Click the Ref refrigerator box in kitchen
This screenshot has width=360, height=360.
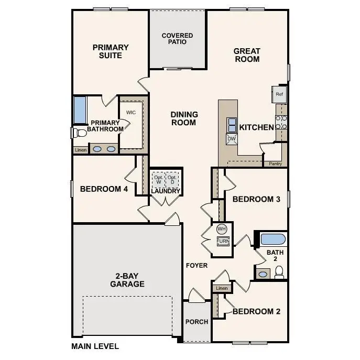click(x=279, y=94)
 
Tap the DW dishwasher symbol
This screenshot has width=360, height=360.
click(x=232, y=139)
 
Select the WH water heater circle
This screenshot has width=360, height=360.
click(x=222, y=229)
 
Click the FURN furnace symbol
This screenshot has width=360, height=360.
click(x=223, y=241)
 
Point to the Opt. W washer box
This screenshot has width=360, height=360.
click(x=158, y=179)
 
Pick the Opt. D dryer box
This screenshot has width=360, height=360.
click(x=173, y=179)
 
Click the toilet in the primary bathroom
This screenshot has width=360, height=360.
click(x=78, y=133)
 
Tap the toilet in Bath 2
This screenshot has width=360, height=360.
click(x=279, y=272)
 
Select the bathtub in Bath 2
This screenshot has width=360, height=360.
click(x=273, y=239)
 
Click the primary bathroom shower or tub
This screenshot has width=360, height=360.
click(x=80, y=109)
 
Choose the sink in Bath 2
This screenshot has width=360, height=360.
click(x=263, y=273)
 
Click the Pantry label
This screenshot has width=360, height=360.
click(x=275, y=163)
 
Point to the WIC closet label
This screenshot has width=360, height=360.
click(x=130, y=113)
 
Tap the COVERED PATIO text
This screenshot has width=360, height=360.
click(x=177, y=39)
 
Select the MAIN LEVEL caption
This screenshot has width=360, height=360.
click(x=95, y=346)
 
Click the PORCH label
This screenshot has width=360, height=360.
click(x=197, y=322)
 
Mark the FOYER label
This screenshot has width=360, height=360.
click(x=197, y=266)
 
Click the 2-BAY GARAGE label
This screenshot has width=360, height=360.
click(x=127, y=280)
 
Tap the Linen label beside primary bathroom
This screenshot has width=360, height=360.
click(x=80, y=150)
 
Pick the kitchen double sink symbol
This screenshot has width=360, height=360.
click(x=232, y=125)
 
